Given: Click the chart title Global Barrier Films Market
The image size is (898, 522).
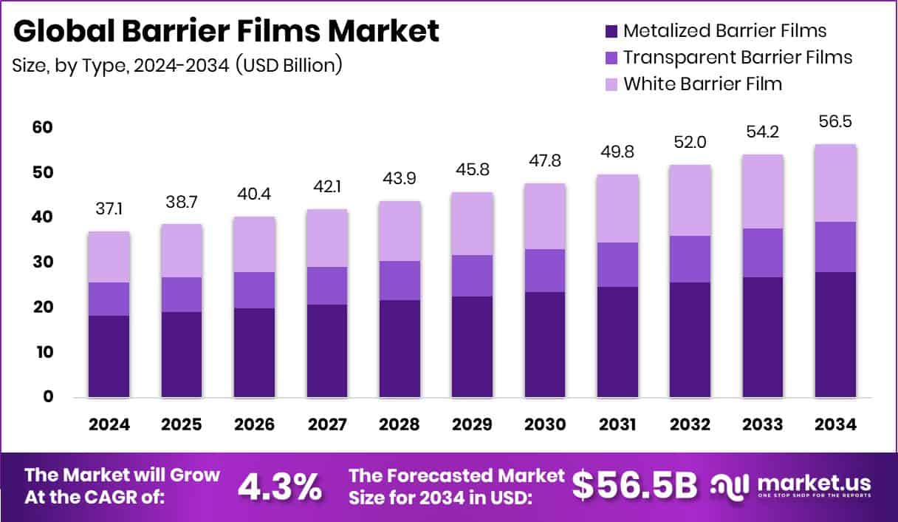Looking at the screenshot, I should pos(226,31).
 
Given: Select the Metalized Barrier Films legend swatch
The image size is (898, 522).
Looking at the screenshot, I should pos(611,31).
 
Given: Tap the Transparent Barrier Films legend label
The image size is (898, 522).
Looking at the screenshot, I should pos(738,57).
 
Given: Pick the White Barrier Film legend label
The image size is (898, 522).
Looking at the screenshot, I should pos(702,83).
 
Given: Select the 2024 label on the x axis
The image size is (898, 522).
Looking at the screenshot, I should pos(109,425).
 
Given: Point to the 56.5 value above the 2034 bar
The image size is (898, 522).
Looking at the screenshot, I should pos(836,122).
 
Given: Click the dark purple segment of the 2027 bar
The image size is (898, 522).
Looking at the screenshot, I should pos(326,351).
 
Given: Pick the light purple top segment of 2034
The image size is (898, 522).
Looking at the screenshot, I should pos(836,183).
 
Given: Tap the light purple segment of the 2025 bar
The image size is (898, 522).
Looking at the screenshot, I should pos(182,251).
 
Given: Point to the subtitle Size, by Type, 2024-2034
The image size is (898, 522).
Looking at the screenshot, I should pos(177,65).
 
